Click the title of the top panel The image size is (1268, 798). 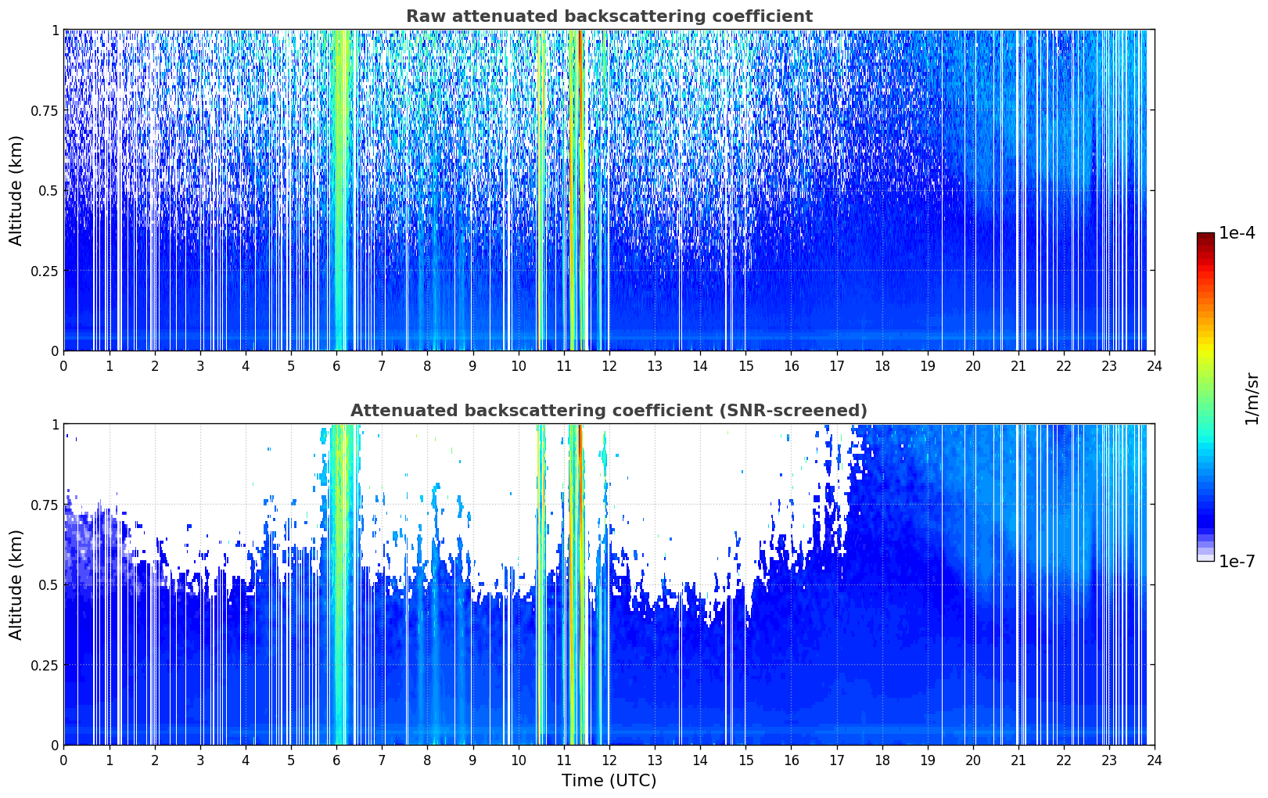(609, 16)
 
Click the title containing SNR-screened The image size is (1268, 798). (609, 410)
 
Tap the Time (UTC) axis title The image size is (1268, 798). (609, 781)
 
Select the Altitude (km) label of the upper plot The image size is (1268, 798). (16, 191)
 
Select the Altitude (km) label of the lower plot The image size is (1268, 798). (16, 584)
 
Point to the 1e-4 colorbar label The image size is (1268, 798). (1237, 232)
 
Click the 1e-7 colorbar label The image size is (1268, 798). (1237, 561)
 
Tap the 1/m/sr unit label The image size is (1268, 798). (1252, 398)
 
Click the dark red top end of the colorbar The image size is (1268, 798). (1205, 235)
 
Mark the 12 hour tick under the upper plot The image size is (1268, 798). (609, 366)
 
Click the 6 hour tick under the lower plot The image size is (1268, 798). (336, 760)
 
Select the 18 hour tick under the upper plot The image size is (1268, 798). (882, 366)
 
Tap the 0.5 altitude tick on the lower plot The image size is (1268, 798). (48, 584)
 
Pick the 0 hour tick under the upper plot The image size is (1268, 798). (63, 366)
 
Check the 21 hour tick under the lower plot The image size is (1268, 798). (1018, 760)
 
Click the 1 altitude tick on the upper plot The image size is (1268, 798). (56, 30)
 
